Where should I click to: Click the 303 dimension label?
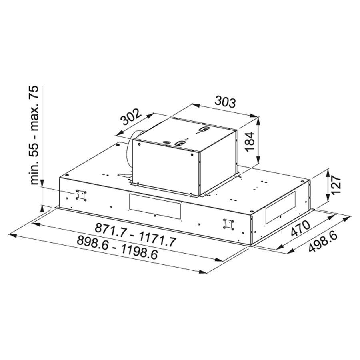(x=225, y=102)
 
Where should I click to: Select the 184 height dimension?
(x=250, y=142)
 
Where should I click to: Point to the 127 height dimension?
(x=336, y=185)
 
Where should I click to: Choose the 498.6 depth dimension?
(x=323, y=242)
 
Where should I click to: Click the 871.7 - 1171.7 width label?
(x=135, y=235)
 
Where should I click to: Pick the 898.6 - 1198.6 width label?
(x=117, y=248)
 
